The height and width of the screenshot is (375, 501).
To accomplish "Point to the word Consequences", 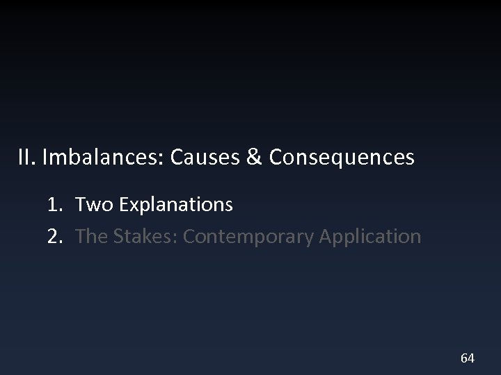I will (341, 158).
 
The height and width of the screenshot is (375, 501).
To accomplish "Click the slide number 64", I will (468, 358).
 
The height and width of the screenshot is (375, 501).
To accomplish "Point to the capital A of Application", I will (326, 237).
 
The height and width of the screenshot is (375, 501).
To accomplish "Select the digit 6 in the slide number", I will (464, 358).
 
